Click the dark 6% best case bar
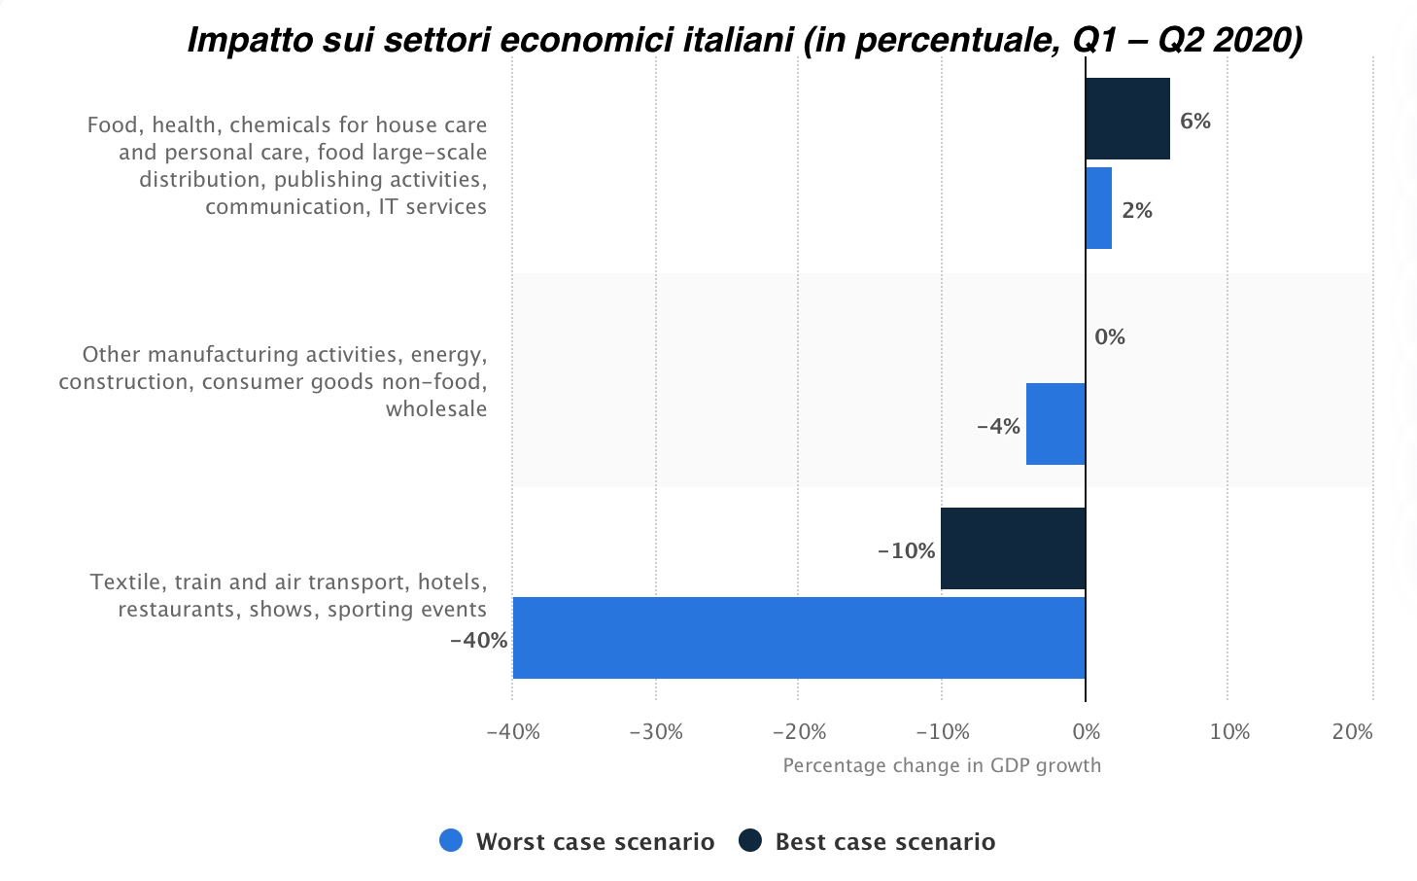tap(1127, 119)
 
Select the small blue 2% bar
tap(1098, 208)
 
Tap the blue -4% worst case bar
tap(1055, 424)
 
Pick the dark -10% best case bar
tap(1013, 548)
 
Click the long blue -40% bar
tap(799, 638)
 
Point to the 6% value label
tap(1194, 122)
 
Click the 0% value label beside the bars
tap(1109, 337)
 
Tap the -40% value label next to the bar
tap(478, 641)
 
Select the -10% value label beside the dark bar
tap(906, 551)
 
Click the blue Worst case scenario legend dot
tap(451, 841)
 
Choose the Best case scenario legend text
tap(884, 842)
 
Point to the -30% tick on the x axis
tap(656, 732)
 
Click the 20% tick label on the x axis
tap(1352, 732)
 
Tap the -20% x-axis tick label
tap(799, 732)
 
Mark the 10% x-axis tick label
tap(1229, 732)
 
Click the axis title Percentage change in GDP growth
tap(942, 765)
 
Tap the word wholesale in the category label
tap(436, 409)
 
